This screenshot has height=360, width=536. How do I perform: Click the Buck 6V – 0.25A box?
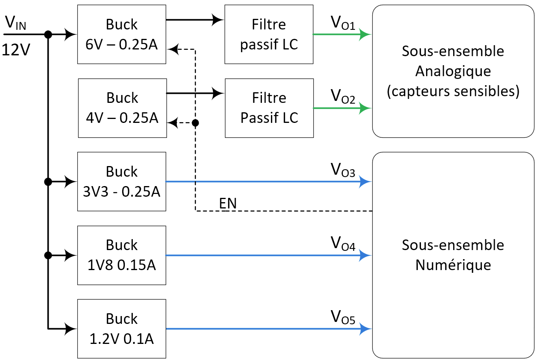(122, 35)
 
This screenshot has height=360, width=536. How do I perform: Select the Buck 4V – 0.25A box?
(123, 108)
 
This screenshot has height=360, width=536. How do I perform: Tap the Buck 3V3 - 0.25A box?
(122, 181)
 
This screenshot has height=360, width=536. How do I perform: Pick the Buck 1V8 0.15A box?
(122, 255)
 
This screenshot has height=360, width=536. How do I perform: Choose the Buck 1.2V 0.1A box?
(122, 329)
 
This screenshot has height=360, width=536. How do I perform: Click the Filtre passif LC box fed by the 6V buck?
(269, 35)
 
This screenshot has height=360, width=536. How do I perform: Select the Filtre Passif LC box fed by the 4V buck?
(269, 108)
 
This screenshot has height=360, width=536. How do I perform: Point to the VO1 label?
(343, 23)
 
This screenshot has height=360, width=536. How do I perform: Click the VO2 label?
(343, 96)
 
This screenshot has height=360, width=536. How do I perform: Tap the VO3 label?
(343, 170)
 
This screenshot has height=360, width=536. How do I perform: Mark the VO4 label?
(343, 243)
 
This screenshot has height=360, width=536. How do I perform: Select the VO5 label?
(343, 317)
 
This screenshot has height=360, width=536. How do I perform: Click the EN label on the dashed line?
(228, 203)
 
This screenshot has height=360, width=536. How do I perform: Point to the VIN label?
(16, 24)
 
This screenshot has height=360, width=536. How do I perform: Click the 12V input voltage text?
(16, 50)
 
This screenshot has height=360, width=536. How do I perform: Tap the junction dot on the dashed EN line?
(195, 123)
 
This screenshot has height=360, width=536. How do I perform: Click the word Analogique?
(453, 71)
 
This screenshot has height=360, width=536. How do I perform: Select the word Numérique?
(453, 265)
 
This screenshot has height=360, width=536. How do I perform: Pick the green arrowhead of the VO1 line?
(365, 35)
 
